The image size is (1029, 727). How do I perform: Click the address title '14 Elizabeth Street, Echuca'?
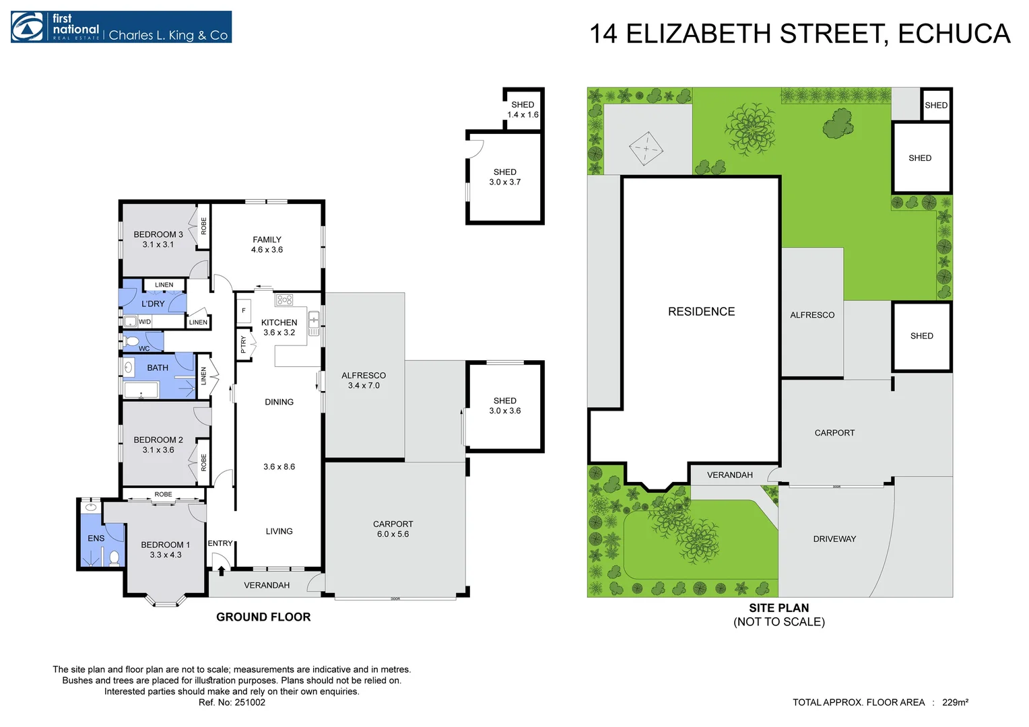click(799, 34)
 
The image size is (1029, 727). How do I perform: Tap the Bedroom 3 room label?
click(158, 234)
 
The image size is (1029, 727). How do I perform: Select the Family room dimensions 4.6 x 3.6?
click(267, 250)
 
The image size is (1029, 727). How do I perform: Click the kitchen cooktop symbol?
click(284, 300)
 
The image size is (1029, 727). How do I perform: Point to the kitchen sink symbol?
click(313, 323)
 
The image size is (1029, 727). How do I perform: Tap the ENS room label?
click(96, 538)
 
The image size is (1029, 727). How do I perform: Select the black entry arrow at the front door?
click(221, 571)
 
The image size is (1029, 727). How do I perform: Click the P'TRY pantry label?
click(243, 345)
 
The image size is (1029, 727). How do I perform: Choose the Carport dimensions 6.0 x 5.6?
click(393, 534)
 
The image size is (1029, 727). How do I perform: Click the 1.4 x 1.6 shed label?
click(523, 114)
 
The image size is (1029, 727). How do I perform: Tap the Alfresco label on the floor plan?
click(364, 376)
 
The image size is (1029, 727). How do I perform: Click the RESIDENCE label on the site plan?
click(701, 312)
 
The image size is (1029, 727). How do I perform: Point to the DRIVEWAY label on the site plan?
click(834, 539)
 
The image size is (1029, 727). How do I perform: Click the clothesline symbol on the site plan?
click(646, 148)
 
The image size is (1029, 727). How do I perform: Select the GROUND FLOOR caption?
click(263, 617)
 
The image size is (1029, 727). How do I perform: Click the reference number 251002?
click(250, 702)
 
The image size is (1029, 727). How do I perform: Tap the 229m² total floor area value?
click(955, 702)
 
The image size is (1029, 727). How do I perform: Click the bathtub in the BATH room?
click(141, 390)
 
